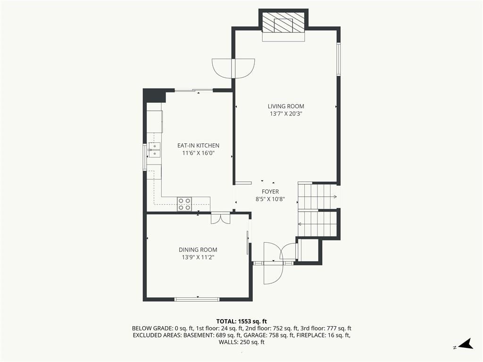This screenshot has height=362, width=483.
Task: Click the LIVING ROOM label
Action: point(286,106)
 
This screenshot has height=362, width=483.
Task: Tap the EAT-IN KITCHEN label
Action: point(199,145)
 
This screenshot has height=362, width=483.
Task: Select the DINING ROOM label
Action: point(198,250)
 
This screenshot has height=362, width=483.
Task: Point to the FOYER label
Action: point(270,191)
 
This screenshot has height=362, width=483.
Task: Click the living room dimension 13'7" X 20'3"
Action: point(286,114)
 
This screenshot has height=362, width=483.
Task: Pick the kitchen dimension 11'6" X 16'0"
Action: point(198,153)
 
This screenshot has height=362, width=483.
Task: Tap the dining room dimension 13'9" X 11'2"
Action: point(198,257)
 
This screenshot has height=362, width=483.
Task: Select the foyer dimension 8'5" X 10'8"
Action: point(270,199)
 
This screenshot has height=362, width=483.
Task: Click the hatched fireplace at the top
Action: point(283,22)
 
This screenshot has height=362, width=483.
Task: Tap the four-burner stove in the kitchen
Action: point(184,204)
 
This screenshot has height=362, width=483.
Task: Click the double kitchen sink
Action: point(154,149)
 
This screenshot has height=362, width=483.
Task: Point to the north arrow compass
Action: point(466,344)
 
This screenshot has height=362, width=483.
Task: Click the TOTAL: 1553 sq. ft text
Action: point(241,321)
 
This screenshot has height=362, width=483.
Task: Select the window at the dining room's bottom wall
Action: point(197,299)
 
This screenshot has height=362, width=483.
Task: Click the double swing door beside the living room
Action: point(233,68)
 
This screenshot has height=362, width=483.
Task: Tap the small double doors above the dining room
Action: point(221,218)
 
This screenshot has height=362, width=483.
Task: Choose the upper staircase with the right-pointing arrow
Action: point(317,197)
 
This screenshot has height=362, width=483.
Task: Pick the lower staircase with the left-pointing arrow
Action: point(317,224)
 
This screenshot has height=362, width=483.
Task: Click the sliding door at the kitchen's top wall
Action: point(194,90)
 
